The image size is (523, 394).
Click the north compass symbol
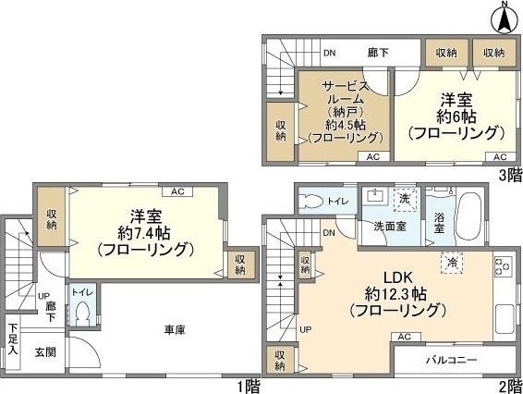505,17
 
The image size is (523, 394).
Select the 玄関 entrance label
45,351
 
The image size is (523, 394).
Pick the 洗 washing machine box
404,198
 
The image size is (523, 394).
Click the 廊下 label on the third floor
378,53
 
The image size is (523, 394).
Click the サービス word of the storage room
346,86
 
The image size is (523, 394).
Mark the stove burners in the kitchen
505,268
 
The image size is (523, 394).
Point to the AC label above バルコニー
403,338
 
